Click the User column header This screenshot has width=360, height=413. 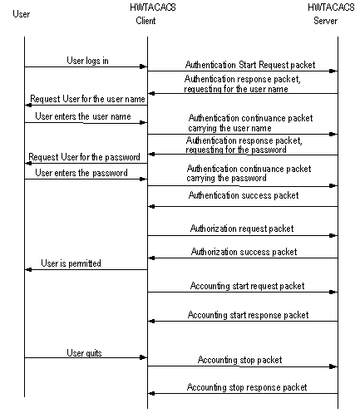[x=22, y=14]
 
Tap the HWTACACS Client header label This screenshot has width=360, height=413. [x=153, y=14]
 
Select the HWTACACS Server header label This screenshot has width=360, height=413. [x=331, y=14]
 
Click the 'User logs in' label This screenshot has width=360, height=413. [x=87, y=61]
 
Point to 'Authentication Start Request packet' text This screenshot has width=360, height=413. [x=250, y=65]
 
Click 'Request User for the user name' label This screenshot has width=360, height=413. [x=87, y=99]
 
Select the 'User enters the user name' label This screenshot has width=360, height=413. [x=83, y=116]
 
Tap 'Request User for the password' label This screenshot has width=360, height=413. [x=84, y=157]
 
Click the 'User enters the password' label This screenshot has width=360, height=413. [x=81, y=173]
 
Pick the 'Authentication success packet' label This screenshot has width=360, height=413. [x=244, y=195]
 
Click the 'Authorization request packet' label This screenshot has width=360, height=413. [x=242, y=229]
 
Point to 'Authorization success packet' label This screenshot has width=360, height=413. [x=244, y=252]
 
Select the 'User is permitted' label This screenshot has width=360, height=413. [x=71, y=263]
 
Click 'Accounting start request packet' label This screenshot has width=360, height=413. [x=247, y=286]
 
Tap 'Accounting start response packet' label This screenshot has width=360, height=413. [x=248, y=315]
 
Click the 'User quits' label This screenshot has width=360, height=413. [x=84, y=353]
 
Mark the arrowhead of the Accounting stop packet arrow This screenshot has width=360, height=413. [x=333, y=366]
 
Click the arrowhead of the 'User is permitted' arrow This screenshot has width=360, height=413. [x=28, y=270]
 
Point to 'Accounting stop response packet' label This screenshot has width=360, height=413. [x=247, y=387]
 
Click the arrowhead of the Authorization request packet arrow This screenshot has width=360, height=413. [x=333, y=236]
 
